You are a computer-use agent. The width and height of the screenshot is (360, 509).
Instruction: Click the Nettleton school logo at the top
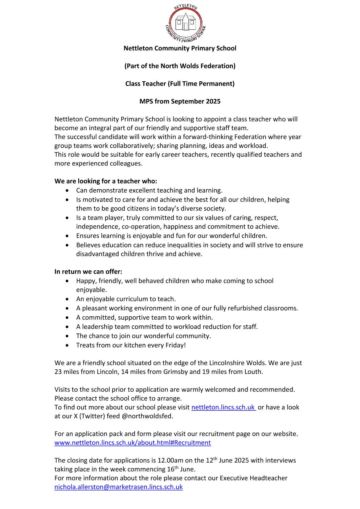[185, 22]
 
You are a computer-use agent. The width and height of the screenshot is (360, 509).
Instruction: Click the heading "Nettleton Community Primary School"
[180, 48]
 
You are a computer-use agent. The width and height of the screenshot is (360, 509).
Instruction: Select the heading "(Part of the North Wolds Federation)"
[180, 66]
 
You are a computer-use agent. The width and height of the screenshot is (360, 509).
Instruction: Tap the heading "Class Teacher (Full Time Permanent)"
[180, 84]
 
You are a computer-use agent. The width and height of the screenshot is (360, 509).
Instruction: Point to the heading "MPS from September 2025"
[180, 102]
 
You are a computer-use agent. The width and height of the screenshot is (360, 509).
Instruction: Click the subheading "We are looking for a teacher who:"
[106, 181]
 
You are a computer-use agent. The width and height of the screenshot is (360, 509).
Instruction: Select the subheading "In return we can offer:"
[88, 272]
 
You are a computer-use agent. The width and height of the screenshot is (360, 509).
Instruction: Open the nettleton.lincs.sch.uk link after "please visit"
[223, 407]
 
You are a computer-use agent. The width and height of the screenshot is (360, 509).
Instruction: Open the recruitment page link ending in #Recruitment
[132, 443]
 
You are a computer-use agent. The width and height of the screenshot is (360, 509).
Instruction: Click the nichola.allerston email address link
[118, 487]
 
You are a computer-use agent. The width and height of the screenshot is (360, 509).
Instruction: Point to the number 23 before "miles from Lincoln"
[58, 372]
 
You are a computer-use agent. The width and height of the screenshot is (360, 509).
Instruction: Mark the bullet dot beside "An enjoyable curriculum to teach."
[67, 299]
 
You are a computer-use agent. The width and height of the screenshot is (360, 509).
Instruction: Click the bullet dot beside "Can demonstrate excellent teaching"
[67, 190]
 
